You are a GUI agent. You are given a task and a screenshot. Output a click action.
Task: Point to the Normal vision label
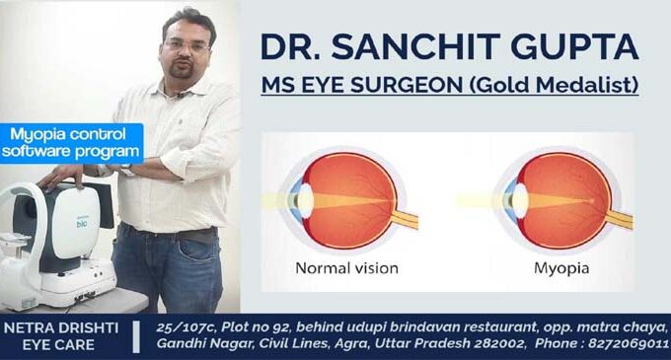pos(346,268)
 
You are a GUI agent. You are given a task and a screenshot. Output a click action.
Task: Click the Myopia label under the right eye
pos(561,269)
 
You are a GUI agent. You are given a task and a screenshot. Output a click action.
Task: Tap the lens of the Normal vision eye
pos(306,199)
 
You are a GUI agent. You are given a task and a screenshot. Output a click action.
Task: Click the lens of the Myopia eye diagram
pos(520,200)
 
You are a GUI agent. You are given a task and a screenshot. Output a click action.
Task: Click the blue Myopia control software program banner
pos(71,143)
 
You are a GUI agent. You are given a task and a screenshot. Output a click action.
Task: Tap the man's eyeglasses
pos(186,45)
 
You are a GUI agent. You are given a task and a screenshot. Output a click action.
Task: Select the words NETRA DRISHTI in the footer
pos(61,327)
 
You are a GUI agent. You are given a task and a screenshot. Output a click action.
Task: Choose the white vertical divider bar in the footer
pos(136,337)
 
